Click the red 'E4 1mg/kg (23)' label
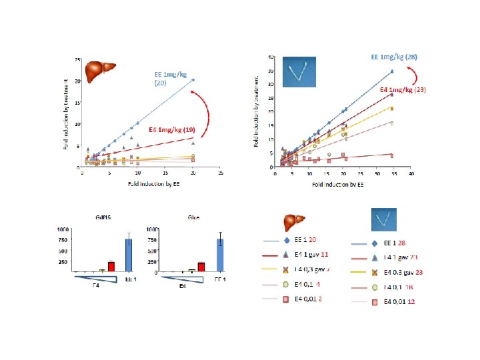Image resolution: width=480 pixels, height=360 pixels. point(403,90)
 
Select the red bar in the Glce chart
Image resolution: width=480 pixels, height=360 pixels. point(201,267)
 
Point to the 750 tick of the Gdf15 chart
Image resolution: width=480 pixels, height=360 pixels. point(63,240)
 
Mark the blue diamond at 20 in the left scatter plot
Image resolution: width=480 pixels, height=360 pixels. point(193,80)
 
